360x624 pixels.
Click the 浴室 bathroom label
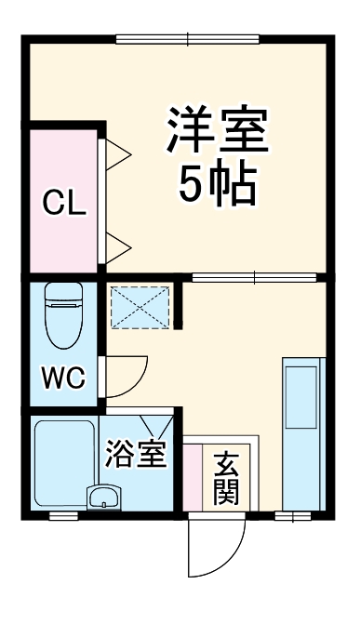pos(136,456)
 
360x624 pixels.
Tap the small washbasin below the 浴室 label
pos(103,497)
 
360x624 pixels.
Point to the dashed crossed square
pos(141,306)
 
